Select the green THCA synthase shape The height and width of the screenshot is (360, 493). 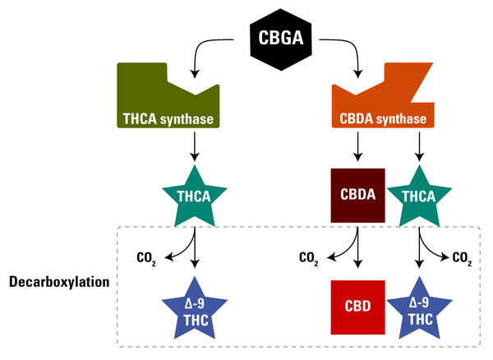167,103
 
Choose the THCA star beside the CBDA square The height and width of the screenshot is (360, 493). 420,196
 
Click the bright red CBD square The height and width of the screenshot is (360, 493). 357,307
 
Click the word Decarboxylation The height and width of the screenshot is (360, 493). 58,282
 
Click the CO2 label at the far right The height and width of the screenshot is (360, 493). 462,258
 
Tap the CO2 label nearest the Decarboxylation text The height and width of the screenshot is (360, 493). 146,258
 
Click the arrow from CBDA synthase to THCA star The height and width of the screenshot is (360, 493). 420,145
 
